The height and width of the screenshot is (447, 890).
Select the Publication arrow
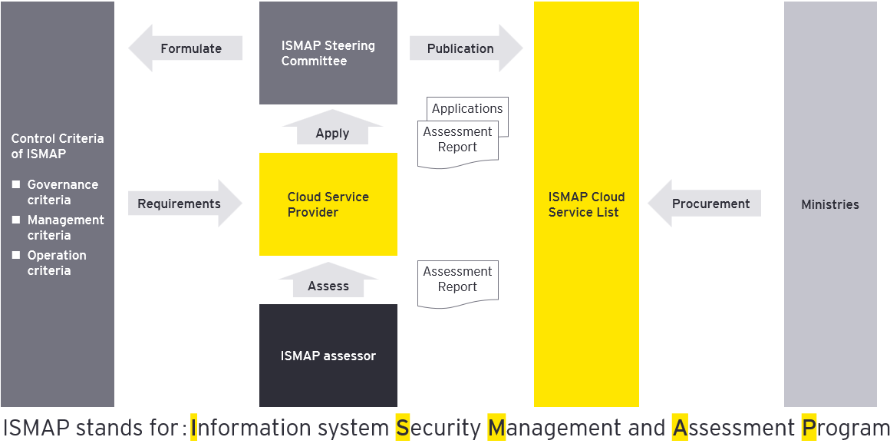point(465,48)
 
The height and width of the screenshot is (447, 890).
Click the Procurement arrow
point(705,204)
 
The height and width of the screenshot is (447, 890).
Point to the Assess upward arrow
point(328,282)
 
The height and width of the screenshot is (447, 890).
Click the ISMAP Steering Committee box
point(328,53)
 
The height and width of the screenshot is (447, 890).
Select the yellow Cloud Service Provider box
point(328,204)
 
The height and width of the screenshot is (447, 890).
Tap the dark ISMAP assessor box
point(328,356)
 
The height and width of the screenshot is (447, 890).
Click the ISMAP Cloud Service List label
point(586,204)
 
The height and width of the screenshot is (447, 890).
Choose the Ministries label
point(830,204)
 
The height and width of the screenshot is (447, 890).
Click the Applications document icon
point(467,108)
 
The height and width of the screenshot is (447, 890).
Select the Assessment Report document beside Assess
point(458,281)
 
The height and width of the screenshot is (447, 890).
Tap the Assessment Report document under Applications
point(458,141)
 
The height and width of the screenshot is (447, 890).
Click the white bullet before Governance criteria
point(15,184)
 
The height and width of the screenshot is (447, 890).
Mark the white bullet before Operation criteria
point(15,255)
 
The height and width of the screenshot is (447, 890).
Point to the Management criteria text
point(65,227)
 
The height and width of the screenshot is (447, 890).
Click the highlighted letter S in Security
point(403,428)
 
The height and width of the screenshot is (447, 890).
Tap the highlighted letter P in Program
point(809,428)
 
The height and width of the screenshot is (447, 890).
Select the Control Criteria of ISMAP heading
point(57,146)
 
